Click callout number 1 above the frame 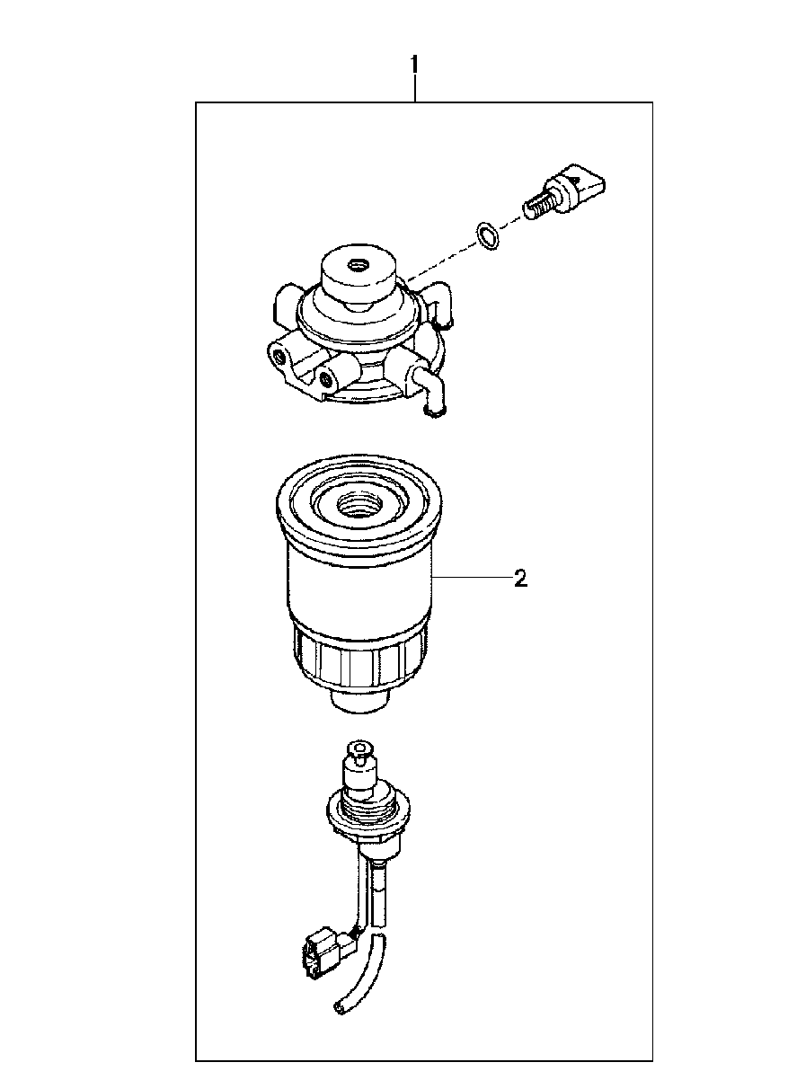(x=415, y=65)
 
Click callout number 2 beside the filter (x=519, y=578)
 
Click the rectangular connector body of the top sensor (x=585, y=185)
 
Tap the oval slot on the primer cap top (x=358, y=264)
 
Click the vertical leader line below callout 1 (x=415, y=91)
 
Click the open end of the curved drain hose (x=340, y=1010)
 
